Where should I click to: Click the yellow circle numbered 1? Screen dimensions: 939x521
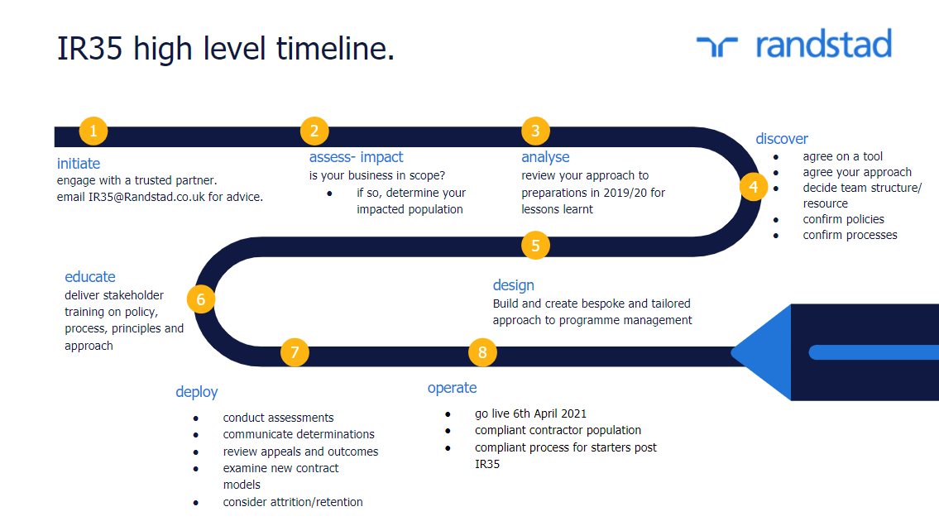[x=93, y=131]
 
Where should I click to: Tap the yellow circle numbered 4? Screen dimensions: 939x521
[x=754, y=187]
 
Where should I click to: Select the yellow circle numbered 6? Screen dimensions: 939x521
[x=200, y=299]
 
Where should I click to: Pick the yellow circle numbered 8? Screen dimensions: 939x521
[x=482, y=353]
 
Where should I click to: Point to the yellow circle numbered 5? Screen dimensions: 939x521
[x=535, y=246]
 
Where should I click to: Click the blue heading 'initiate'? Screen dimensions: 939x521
[x=79, y=164]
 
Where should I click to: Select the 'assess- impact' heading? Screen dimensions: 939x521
[x=357, y=157]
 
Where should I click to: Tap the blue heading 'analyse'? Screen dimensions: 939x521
[x=545, y=157]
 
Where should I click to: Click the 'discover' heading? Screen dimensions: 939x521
[x=782, y=139]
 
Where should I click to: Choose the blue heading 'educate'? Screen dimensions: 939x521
[x=90, y=277]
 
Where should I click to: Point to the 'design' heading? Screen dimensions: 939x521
[x=513, y=285]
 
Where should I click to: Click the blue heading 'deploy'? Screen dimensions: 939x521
[x=196, y=392]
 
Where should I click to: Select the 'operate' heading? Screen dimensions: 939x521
[x=453, y=388]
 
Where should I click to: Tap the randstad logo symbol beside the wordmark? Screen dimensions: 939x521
[x=716, y=46]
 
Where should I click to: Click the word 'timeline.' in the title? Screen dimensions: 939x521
[x=335, y=48]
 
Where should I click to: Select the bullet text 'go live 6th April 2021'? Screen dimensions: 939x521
[x=530, y=413]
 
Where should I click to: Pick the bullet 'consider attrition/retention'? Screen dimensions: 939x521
[x=293, y=502]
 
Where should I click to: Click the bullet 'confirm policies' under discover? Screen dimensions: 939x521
[x=843, y=219]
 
